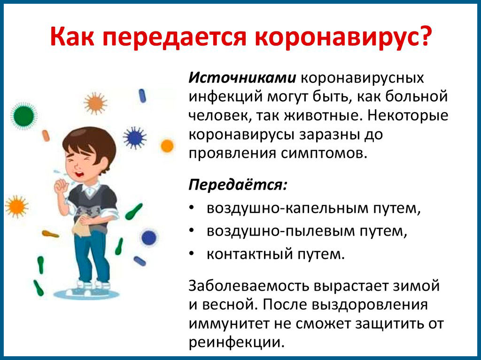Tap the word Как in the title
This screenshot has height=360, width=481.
tap(72, 37)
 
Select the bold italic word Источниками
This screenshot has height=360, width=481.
tap(242, 78)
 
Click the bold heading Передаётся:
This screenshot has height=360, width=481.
tap(238, 184)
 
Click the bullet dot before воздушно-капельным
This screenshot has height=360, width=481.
tap(192, 207)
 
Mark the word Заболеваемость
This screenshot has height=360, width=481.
tap(249, 286)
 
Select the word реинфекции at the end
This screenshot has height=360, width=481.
tap(237, 342)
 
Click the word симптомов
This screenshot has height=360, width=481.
tap(324, 153)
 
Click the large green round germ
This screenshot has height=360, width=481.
tap(23, 115)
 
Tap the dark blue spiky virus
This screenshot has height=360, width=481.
tap(134, 138)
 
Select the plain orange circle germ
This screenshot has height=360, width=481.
tap(167, 146)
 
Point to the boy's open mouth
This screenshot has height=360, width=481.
tap(80, 174)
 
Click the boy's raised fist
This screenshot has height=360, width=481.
tap(62, 186)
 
